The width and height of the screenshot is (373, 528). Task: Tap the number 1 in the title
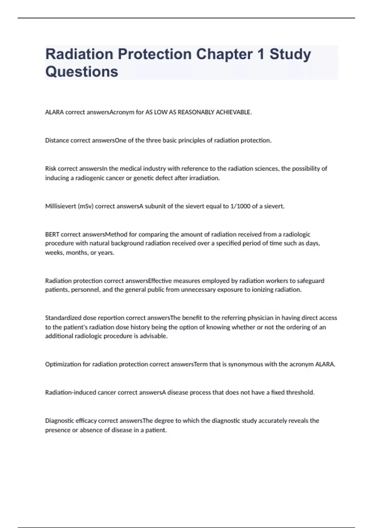point(261,54)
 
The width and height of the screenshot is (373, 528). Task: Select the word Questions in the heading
point(82,72)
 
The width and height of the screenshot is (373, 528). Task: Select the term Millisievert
point(60,206)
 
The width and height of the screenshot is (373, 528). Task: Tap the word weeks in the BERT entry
point(54,253)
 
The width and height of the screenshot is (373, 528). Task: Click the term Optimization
point(63,364)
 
